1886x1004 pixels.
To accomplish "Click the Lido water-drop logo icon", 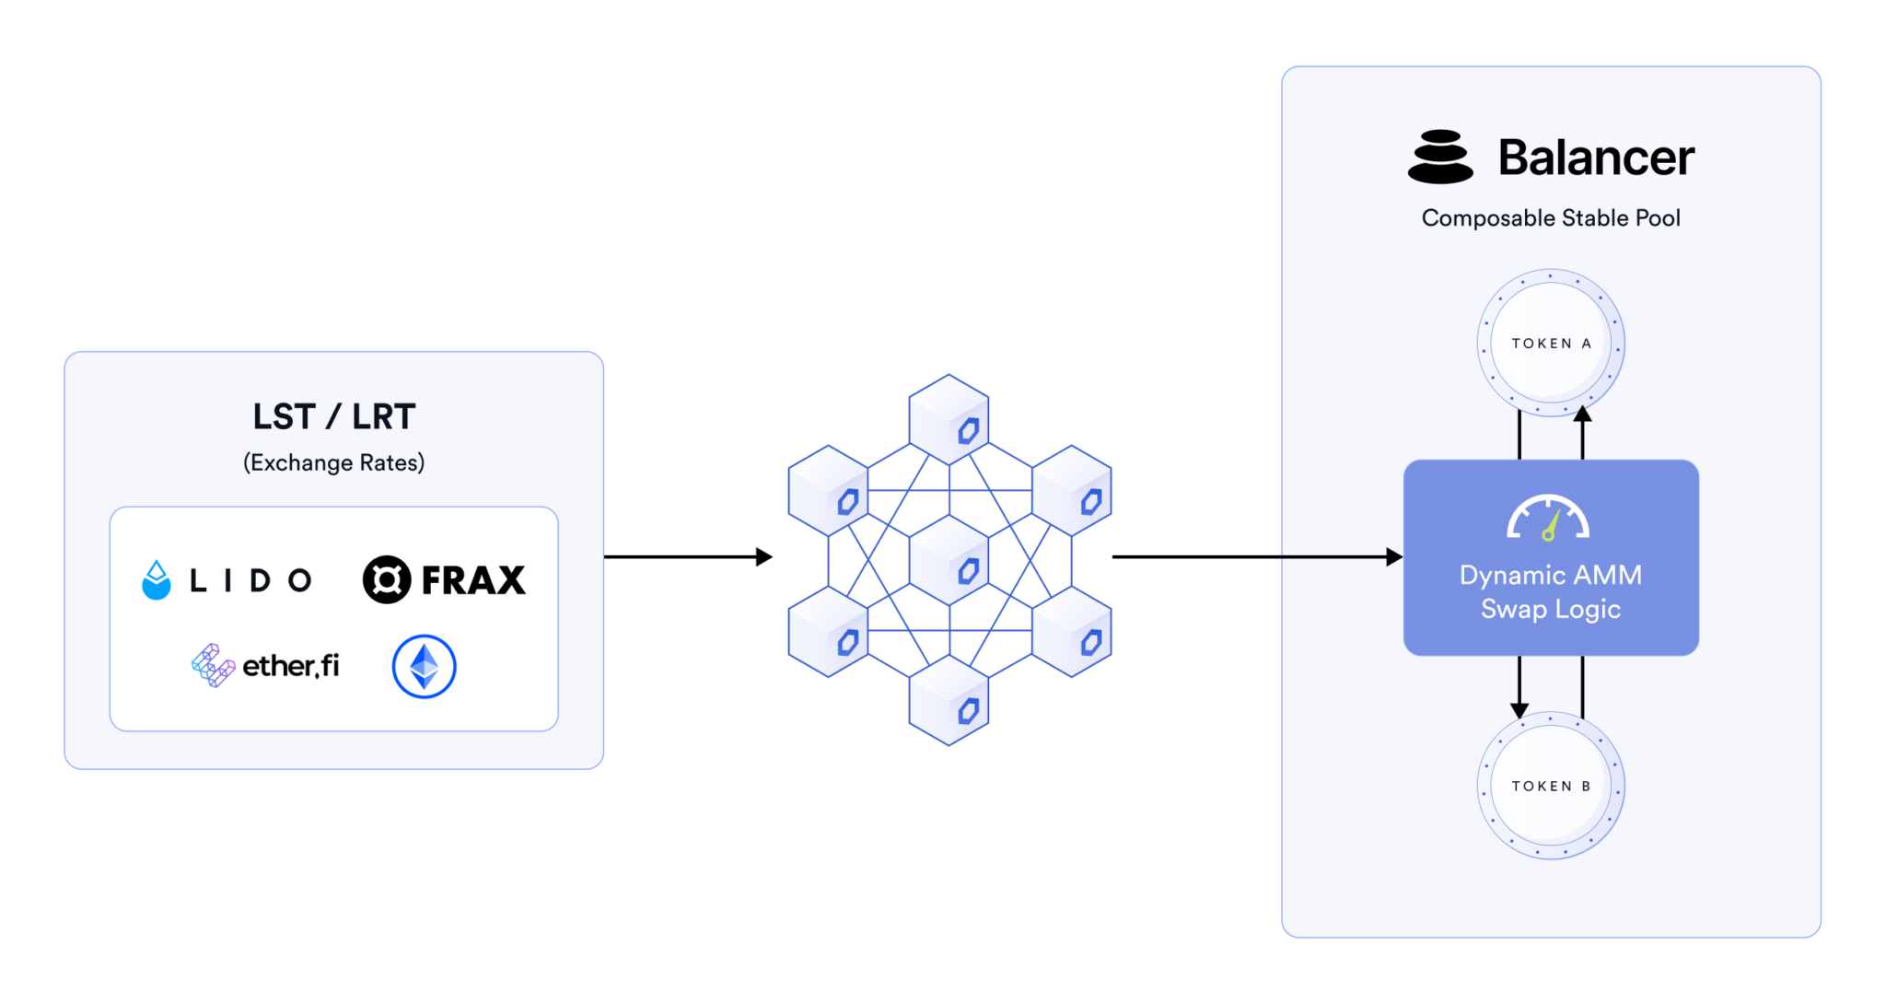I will (x=157, y=580).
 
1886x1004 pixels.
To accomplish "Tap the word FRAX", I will (x=473, y=580).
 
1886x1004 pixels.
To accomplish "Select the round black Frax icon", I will (x=387, y=579).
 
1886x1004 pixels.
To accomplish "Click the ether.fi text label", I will (x=290, y=665).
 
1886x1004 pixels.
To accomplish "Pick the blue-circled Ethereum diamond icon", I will (x=424, y=666).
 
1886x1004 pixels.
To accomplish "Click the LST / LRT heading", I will (x=334, y=416).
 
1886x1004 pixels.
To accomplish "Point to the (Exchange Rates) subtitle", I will (x=334, y=462).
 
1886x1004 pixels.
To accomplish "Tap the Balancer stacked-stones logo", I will (x=1440, y=157).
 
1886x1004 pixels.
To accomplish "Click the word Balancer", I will (x=1596, y=158).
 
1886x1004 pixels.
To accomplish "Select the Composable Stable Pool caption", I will (x=1551, y=218).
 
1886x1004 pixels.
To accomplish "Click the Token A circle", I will (x=1551, y=344).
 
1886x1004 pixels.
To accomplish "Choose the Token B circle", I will (x=1551, y=786).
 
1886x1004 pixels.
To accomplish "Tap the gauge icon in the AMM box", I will (x=1548, y=518).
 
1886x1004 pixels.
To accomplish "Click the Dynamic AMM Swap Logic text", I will (x=1551, y=592).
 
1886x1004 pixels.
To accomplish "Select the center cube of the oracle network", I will (x=949, y=559).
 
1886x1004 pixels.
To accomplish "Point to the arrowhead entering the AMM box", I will (x=1394, y=556).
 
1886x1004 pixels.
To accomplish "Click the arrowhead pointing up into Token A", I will (x=1582, y=414).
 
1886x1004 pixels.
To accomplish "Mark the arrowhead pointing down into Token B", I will (x=1519, y=710).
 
